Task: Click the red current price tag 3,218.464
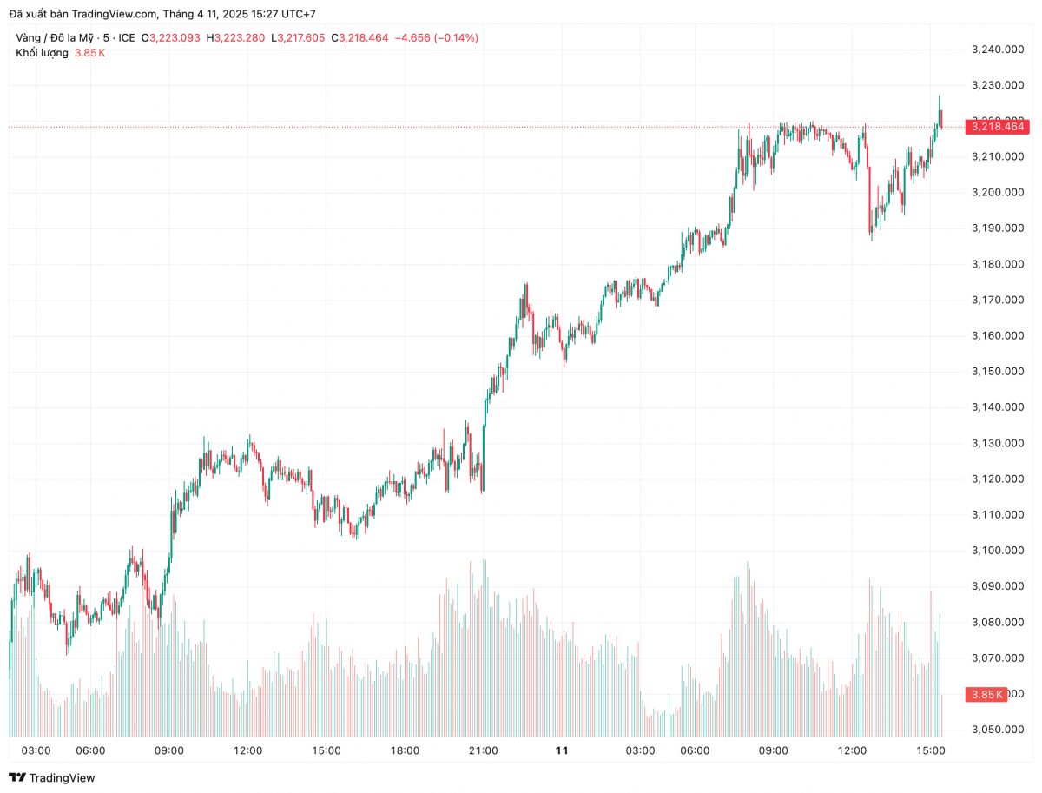997,127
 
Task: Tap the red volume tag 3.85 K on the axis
986,694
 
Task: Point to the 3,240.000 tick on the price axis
997,50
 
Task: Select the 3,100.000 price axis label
997,551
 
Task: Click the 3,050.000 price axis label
997,730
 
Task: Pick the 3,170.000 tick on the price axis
997,300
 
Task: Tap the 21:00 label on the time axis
483,750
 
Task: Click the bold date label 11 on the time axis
562,750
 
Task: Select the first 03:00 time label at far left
36,750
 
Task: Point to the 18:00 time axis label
405,750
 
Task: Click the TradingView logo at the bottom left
52,777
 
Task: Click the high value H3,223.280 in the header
234,37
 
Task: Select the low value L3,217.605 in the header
298,37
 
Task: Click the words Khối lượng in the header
42,53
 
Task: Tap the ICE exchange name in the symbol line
127,37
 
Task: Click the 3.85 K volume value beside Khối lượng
90,53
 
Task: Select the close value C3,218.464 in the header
359,37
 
